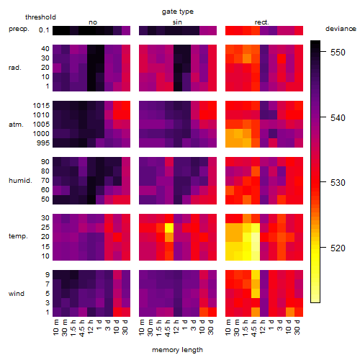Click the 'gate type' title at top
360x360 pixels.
(178, 12)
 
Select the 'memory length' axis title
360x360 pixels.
(177, 350)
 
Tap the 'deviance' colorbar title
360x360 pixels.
(341, 29)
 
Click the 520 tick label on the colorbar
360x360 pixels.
(338, 248)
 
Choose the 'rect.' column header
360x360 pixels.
(261, 22)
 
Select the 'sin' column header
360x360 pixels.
(177, 22)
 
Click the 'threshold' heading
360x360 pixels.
(40, 17)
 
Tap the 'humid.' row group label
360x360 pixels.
(20, 181)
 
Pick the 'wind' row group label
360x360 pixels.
(17, 294)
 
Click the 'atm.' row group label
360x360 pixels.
(16, 125)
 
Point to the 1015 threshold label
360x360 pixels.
(41, 106)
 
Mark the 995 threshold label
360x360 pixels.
(43, 143)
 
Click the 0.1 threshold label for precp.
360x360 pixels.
(44, 30)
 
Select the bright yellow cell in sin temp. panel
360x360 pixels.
(169, 228)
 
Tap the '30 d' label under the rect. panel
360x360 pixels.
(297, 327)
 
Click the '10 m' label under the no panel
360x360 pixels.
(55, 327)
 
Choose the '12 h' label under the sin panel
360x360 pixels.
(176, 327)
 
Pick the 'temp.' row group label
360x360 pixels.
(18, 236)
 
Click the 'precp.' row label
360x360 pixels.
(19, 29)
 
